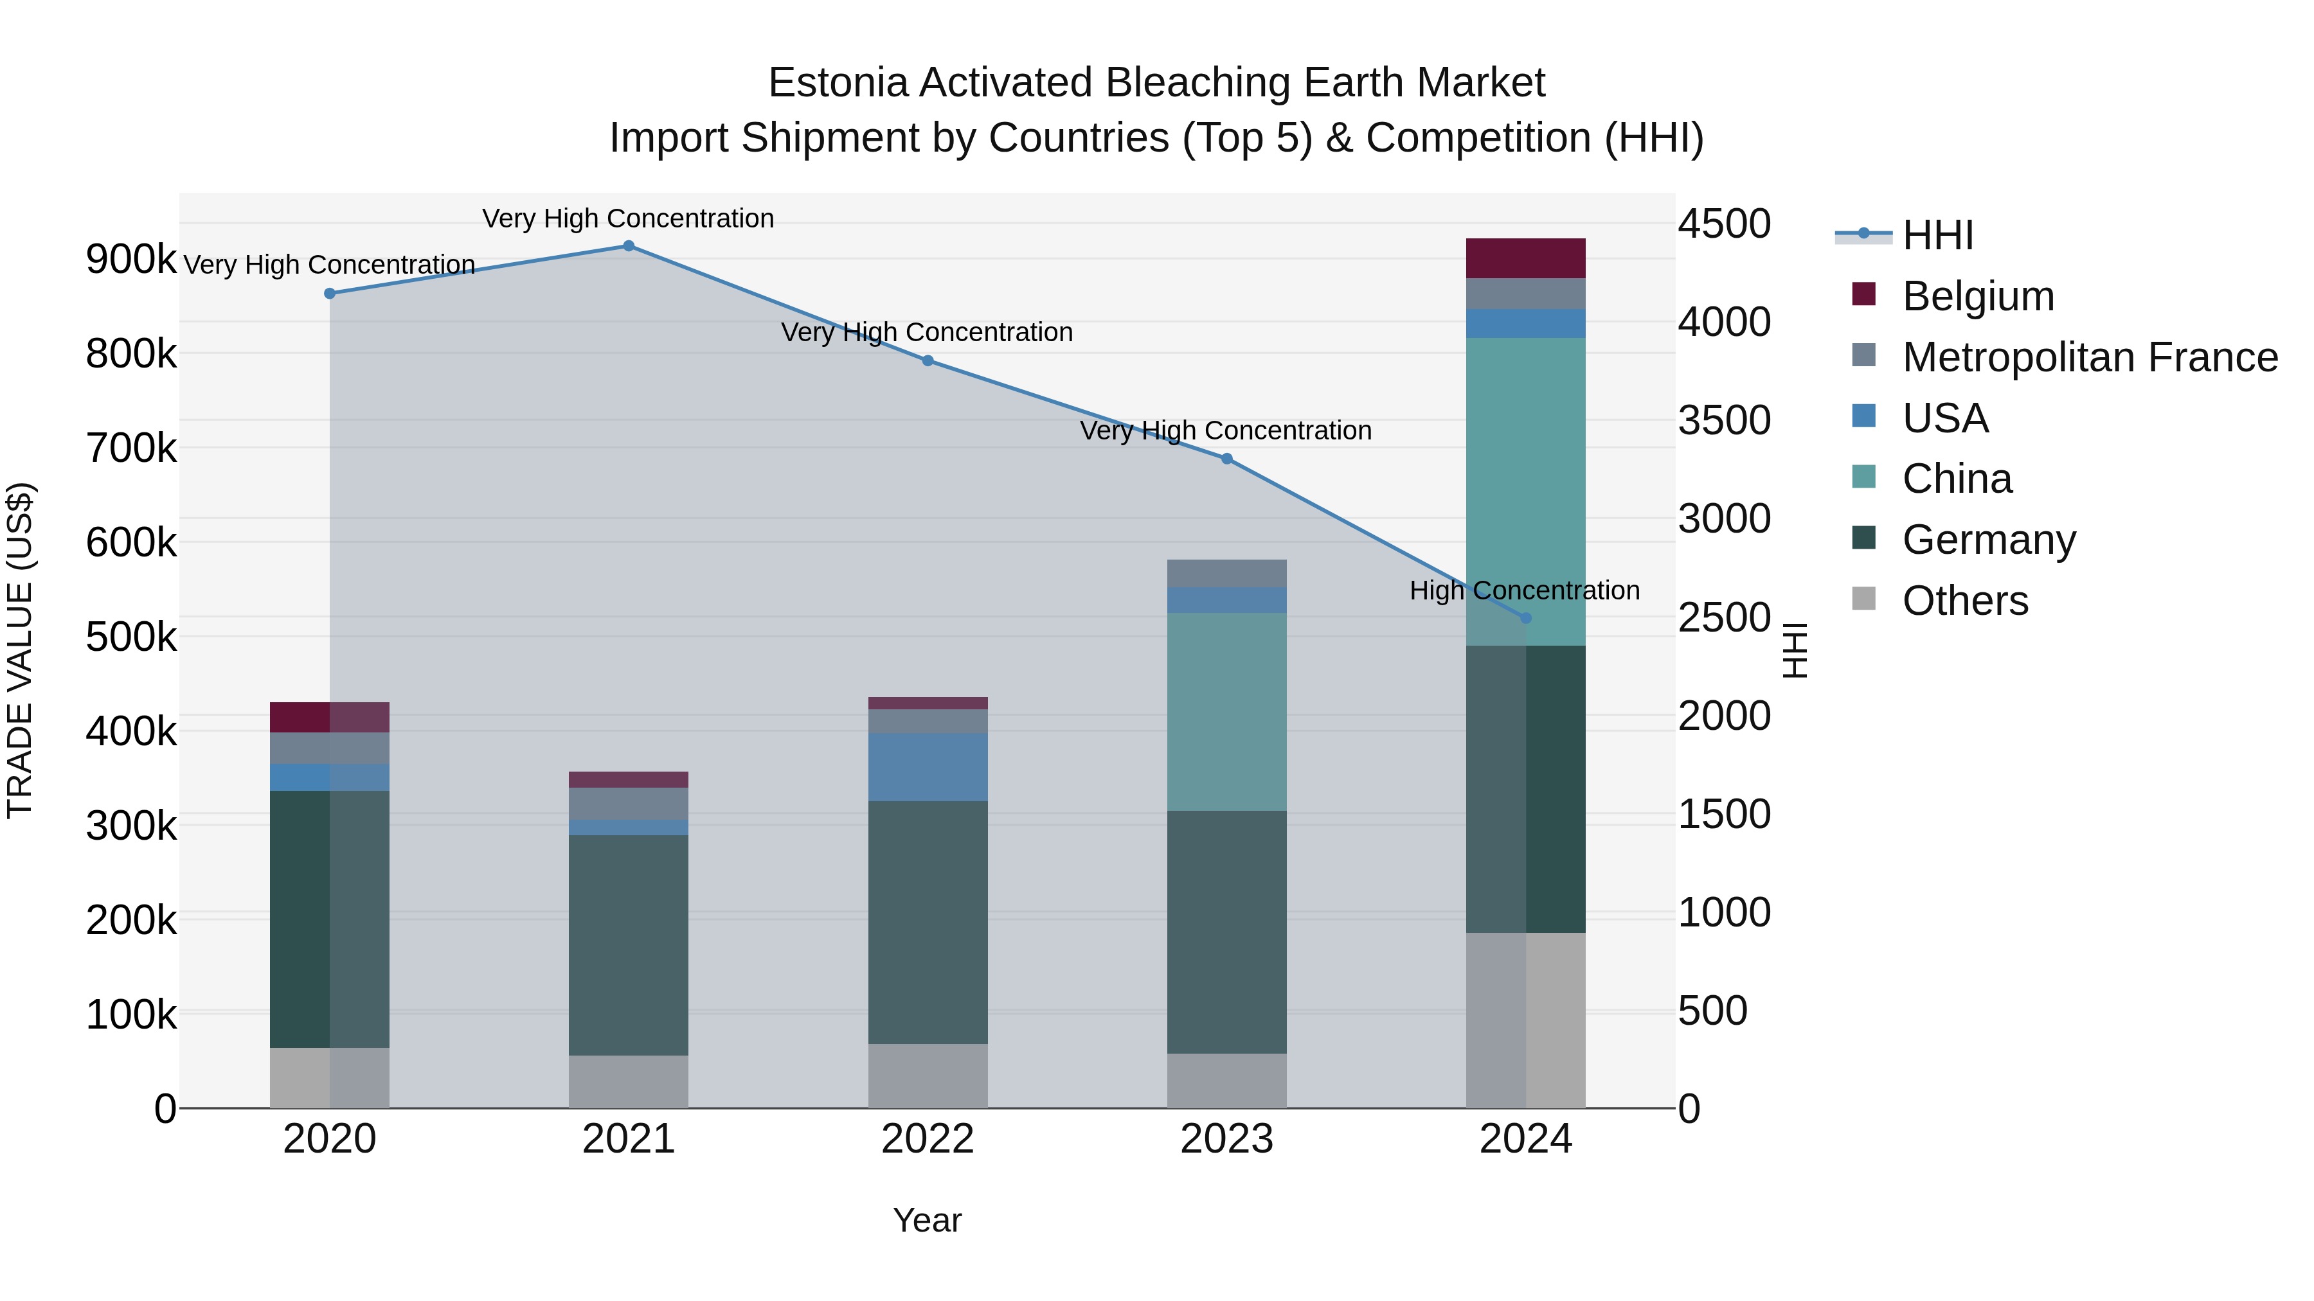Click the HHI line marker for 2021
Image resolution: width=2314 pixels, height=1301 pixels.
pyautogui.click(x=628, y=246)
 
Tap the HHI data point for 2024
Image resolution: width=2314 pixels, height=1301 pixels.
pyautogui.click(x=1525, y=619)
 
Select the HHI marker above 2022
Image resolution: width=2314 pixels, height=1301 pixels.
pyautogui.click(x=928, y=361)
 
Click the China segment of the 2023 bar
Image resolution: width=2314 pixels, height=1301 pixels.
pyautogui.click(x=1226, y=712)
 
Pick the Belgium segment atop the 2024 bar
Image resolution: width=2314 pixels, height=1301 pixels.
pyautogui.click(x=1525, y=258)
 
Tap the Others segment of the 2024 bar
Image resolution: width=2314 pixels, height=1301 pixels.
pyautogui.click(x=1525, y=1020)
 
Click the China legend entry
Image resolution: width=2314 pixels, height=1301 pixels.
pyautogui.click(x=1957, y=479)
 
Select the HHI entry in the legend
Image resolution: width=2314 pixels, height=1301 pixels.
pyautogui.click(x=1937, y=235)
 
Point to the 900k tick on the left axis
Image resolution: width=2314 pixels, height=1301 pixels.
pyautogui.click(x=131, y=260)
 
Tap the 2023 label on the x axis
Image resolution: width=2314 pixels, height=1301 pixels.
pyautogui.click(x=1226, y=1139)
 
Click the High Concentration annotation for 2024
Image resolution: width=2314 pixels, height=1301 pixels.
pyautogui.click(x=1525, y=591)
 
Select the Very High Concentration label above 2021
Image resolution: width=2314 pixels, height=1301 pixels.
pyautogui.click(x=628, y=218)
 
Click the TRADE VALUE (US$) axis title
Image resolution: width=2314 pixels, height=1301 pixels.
pyautogui.click(x=20, y=650)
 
